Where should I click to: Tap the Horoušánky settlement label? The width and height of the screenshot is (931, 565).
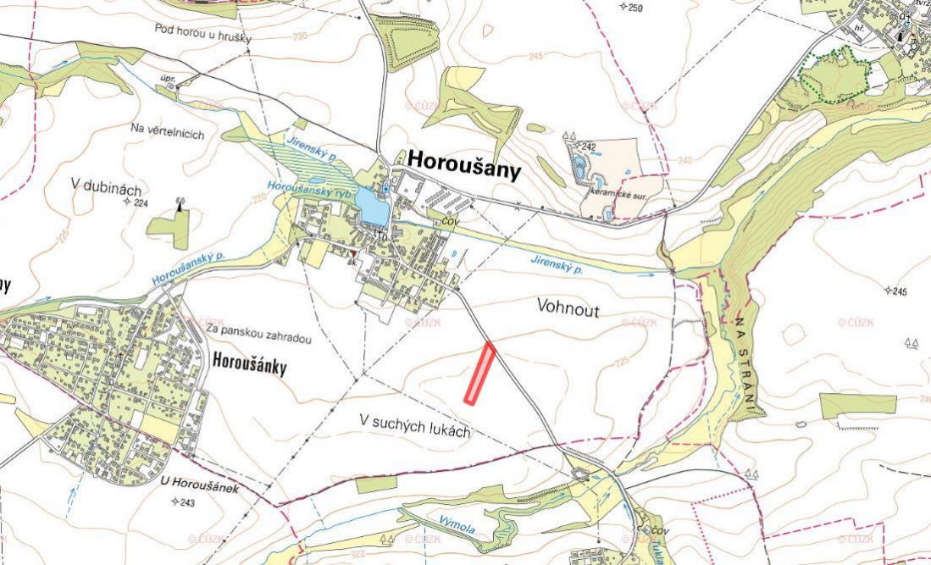tap(251, 367)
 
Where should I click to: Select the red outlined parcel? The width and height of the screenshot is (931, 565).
tap(479, 372)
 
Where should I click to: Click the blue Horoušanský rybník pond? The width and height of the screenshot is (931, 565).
tap(373, 206)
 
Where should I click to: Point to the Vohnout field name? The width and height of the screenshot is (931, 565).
tap(568, 311)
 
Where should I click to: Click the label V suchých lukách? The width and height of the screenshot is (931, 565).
tap(415, 425)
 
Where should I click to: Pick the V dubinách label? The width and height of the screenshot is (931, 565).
tap(106, 189)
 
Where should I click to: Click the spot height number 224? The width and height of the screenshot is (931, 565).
tap(140, 203)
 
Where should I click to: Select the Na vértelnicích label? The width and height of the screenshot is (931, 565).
tap(168, 131)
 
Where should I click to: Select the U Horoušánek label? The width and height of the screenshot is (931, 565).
tap(200, 488)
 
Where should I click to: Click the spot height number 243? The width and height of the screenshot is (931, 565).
tap(187, 502)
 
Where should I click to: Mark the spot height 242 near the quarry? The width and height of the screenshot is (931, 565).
tap(589, 147)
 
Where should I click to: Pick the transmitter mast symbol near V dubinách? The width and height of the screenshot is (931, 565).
tap(180, 204)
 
